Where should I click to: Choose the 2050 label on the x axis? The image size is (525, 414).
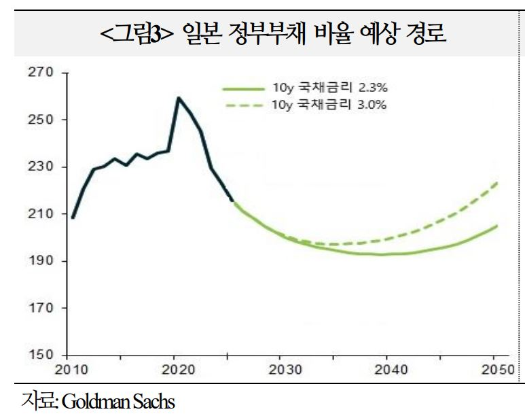tap(495, 370)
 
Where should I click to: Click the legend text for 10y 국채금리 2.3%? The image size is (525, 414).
tap(329, 88)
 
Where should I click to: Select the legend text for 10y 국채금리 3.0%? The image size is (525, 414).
tap(329, 105)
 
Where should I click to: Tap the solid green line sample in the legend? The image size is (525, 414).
tap(243, 88)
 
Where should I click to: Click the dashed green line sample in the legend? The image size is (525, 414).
tap(243, 105)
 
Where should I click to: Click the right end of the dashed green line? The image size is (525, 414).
tap(497, 182)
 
